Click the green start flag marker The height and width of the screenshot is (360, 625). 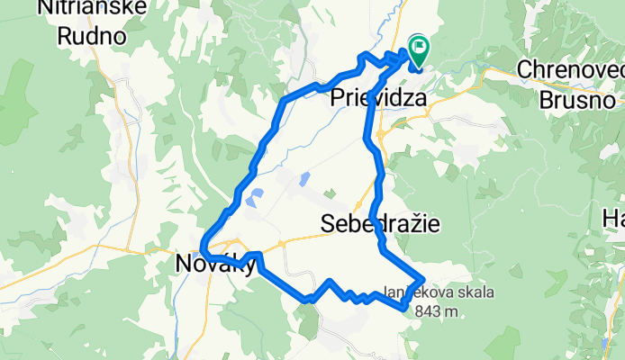click(419, 47)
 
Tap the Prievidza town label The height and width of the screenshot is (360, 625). click(378, 97)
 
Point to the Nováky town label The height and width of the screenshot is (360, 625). click(212, 264)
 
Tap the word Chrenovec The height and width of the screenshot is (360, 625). click(571, 68)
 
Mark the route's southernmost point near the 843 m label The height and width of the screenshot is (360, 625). click(403, 309)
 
